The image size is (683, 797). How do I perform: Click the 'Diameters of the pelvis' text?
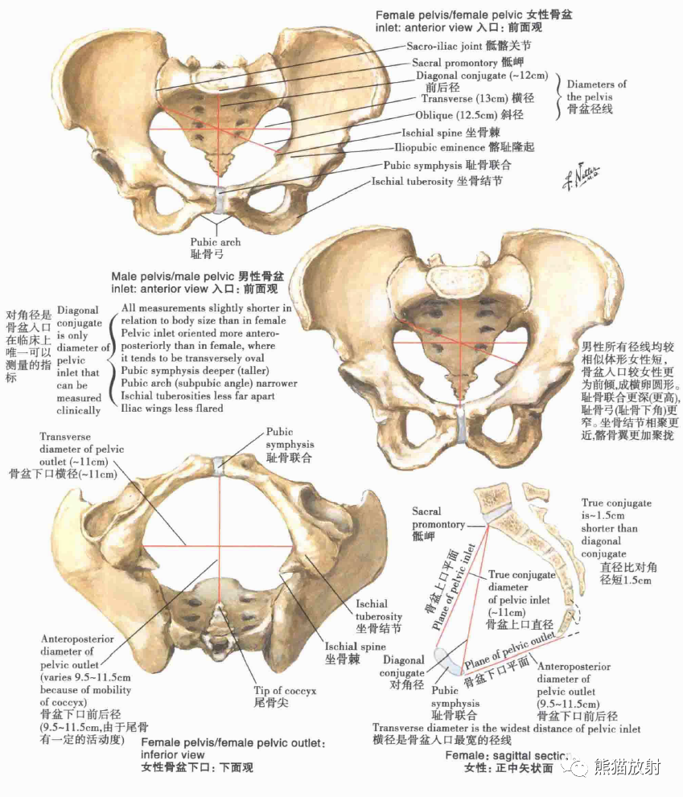pos(596,97)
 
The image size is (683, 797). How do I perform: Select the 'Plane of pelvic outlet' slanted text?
pos(510,647)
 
